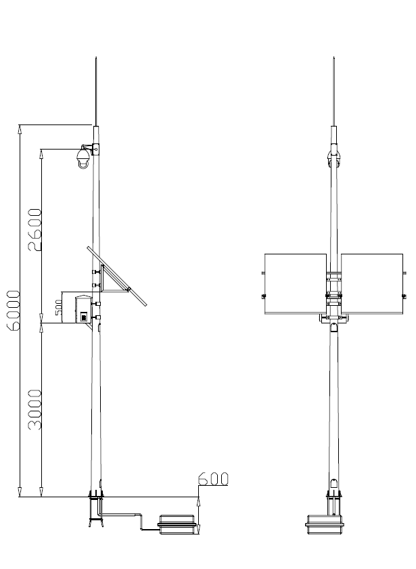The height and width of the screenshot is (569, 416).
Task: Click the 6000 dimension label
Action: pos(14,311)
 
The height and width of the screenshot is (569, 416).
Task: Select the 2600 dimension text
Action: pos(35,230)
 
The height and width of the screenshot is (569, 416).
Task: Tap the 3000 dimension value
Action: pos(35,409)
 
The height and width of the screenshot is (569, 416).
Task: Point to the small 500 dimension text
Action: pos(59,307)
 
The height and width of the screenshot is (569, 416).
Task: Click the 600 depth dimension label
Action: pos(214,479)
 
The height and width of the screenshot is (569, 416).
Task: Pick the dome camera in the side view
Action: pos(83,158)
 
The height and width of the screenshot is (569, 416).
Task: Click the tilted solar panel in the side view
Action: pos(117,276)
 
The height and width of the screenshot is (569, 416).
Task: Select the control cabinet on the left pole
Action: pos(83,310)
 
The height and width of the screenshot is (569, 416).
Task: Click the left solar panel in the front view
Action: pos(296,283)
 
